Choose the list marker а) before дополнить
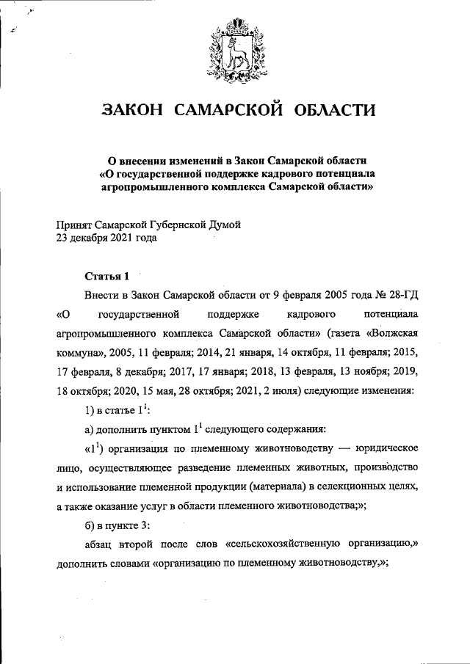click(91, 428)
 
